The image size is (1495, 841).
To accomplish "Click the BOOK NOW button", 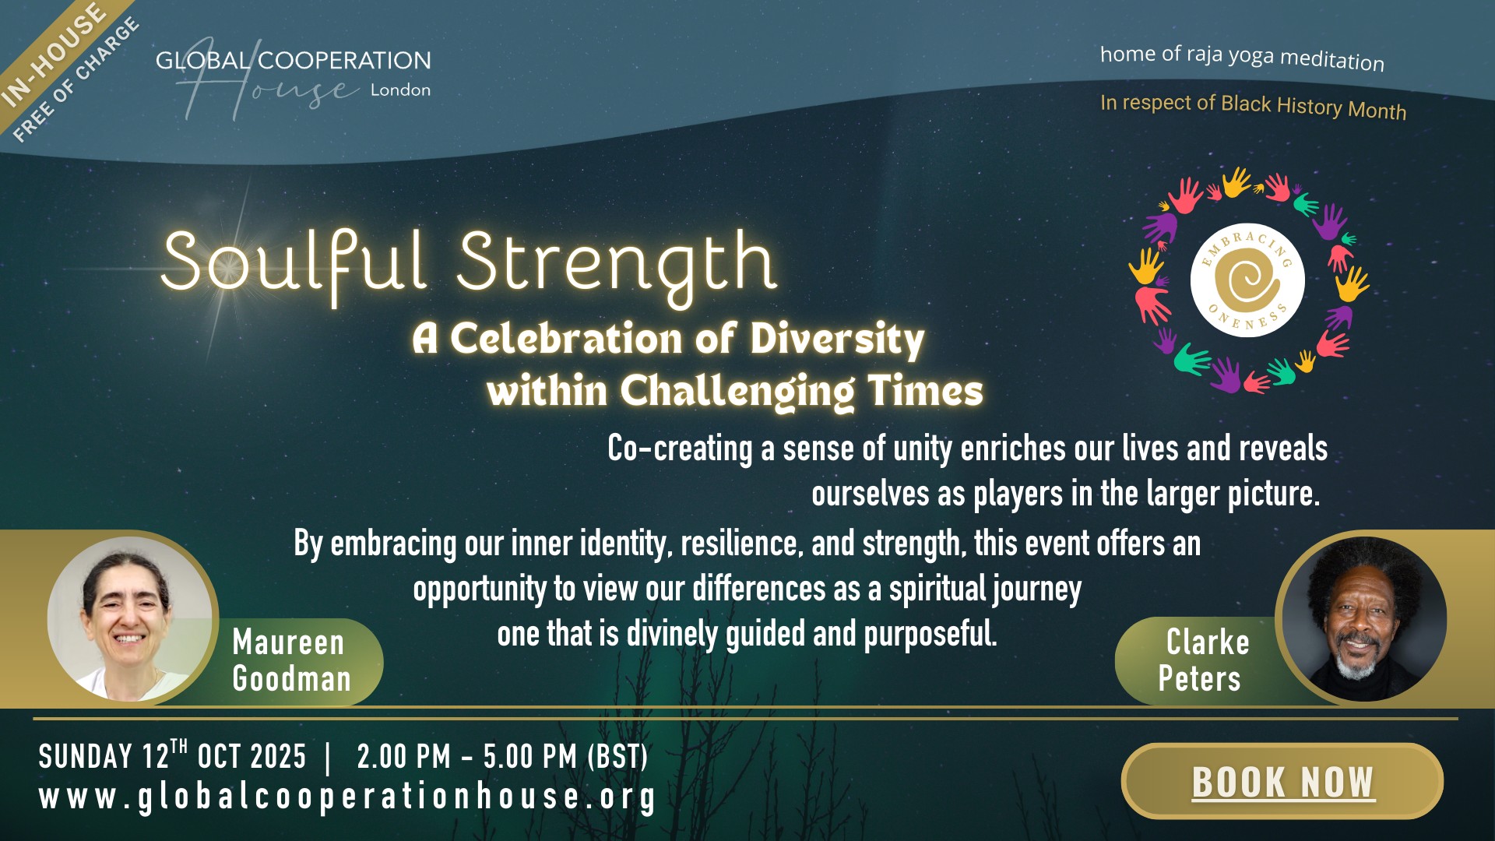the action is pos(1282,781).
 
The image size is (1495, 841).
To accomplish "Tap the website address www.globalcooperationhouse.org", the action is pos(347,797).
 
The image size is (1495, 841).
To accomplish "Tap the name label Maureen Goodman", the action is pos(291,660).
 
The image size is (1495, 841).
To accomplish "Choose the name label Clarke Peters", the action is pos(1203,660).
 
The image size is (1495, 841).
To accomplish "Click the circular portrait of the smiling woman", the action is pos(129,619).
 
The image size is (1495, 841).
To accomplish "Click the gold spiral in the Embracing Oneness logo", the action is pos(1247,280).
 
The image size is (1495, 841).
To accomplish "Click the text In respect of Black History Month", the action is pos(1253,107).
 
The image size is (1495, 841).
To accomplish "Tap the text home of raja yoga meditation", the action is pos(1242,58).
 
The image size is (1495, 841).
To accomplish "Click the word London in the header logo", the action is pos(400,90).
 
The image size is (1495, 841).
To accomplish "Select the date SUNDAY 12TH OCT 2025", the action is pos(172,755).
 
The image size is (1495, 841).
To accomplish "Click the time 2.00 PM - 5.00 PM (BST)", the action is pos(502,757).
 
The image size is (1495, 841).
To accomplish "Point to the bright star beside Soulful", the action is pos(227,269).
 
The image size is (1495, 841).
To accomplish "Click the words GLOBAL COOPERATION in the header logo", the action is pos(293,61).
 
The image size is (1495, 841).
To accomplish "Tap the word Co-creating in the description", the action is pos(680,449).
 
